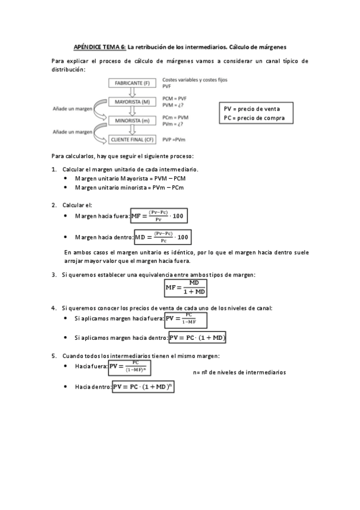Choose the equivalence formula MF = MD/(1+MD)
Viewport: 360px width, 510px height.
(x=186, y=288)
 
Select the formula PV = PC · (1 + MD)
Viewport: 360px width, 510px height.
(x=198, y=338)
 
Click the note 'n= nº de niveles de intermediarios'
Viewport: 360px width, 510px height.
(x=239, y=372)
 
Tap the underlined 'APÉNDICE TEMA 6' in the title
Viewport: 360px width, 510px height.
(x=99, y=46)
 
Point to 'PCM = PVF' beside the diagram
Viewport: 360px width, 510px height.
(x=175, y=98)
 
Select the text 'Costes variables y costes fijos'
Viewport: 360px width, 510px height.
(x=195, y=79)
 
